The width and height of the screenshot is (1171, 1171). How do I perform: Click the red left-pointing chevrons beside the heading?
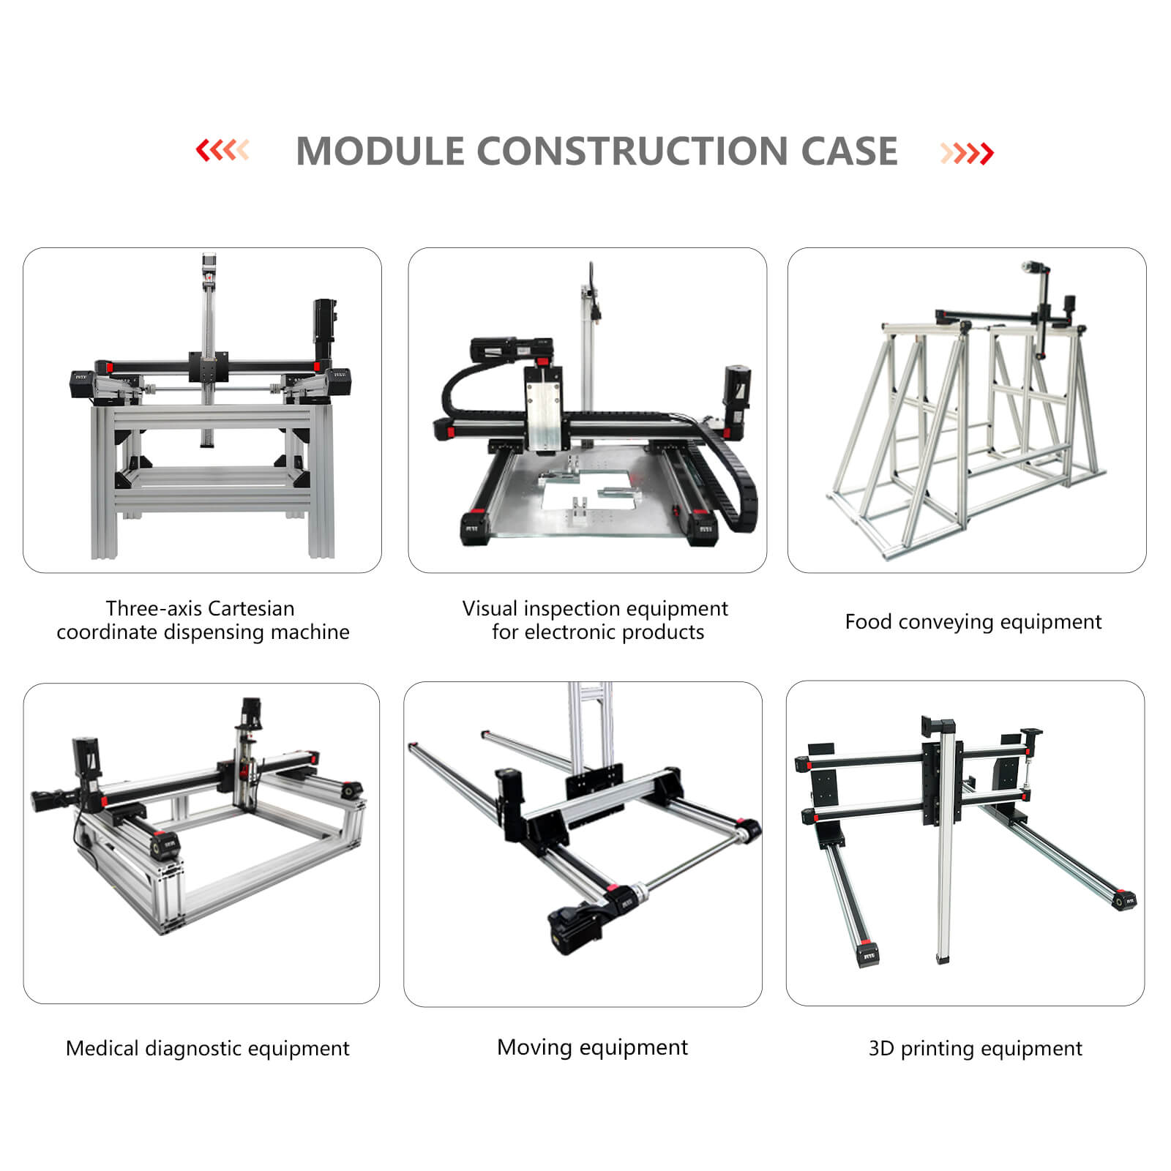tap(222, 151)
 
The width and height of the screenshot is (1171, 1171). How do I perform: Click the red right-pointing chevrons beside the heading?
tap(967, 153)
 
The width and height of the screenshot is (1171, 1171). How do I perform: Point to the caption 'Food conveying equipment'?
tap(973, 622)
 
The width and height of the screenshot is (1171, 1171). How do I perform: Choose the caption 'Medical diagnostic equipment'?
tap(207, 1048)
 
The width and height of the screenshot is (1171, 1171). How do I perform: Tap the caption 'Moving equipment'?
tap(592, 1047)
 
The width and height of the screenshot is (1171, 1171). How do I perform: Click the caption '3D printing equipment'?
tap(975, 1048)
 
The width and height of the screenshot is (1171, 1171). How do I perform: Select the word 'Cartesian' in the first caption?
tap(251, 608)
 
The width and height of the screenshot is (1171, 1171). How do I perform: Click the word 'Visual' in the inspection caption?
tap(490, 608)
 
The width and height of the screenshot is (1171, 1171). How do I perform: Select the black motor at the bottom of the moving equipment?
tap(575, 928)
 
